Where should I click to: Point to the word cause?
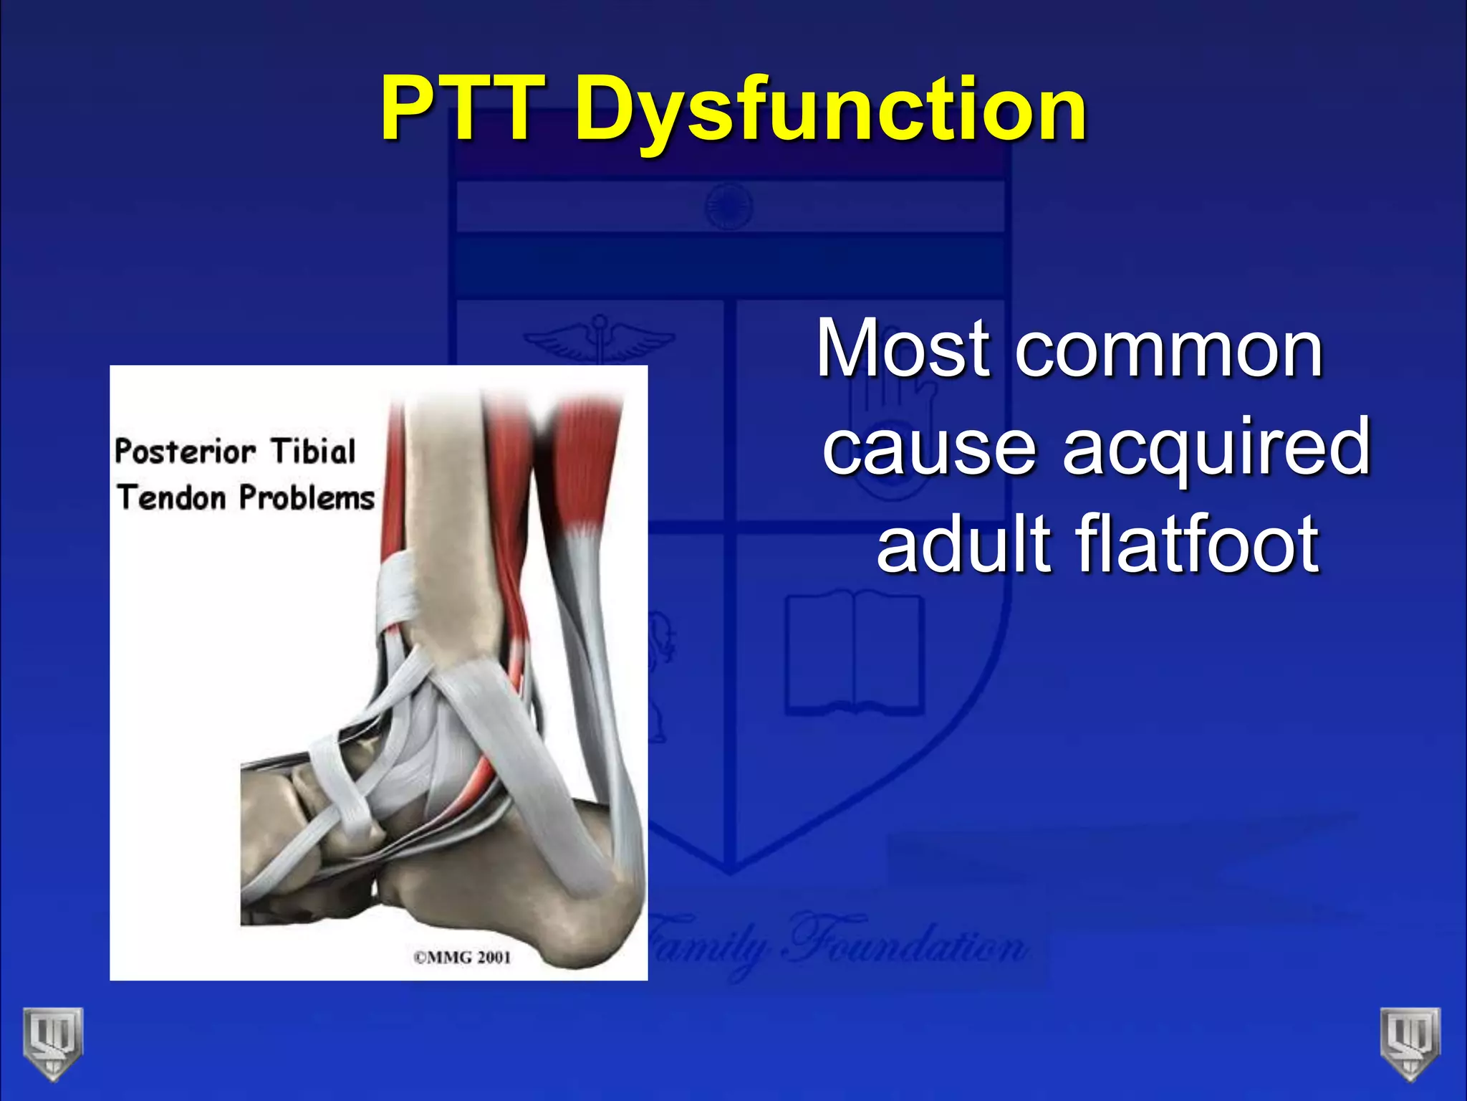click(x=929, y=448)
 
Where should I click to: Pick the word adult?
click(x=963, y=545)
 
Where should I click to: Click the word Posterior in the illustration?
click(x=185, y=452)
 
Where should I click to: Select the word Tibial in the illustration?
click(x=313, y=452)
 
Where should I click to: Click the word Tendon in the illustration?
click(x=172, y=497)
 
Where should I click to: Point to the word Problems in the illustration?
click(x=307, y=497)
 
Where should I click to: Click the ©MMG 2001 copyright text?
click(x=462, y=957)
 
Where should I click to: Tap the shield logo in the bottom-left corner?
click(x=52, y=1043)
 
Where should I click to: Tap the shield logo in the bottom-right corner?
click(x=1410, y=1043)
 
